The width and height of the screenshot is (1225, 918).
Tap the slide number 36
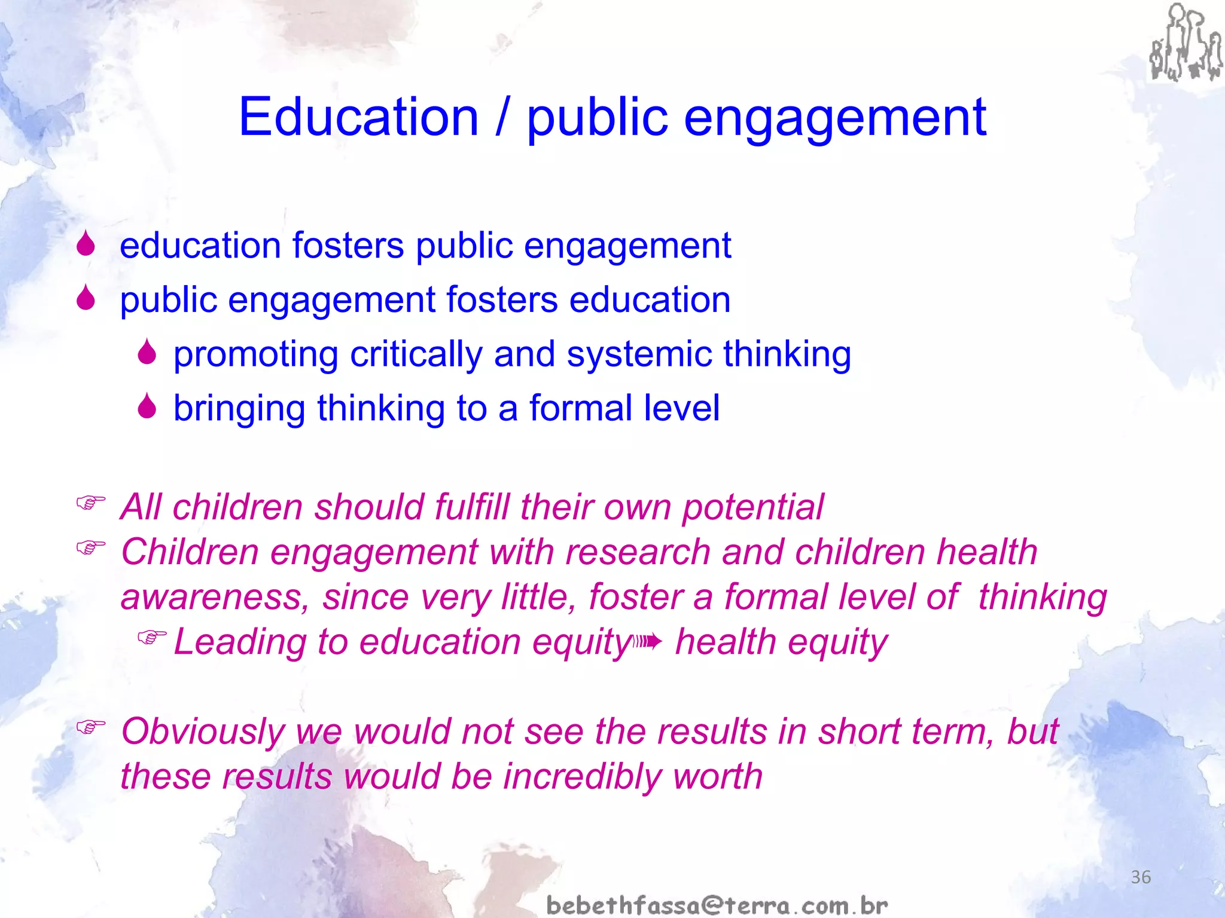click(x=1141, y=877)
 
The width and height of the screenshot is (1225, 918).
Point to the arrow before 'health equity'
click(x=648, y=642)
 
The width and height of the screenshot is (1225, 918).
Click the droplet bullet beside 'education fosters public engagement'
click(x=86, y=244)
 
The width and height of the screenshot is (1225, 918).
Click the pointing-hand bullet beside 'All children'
click(x=91, y=503)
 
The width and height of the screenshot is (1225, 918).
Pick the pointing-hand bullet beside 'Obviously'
click(x=91, y=727)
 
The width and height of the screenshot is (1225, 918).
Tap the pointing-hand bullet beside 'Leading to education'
click(x=151, y=638)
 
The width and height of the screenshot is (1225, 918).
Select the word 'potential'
click(x=752, y=507)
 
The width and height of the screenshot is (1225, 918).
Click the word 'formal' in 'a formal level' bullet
click(x=581, y=408)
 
